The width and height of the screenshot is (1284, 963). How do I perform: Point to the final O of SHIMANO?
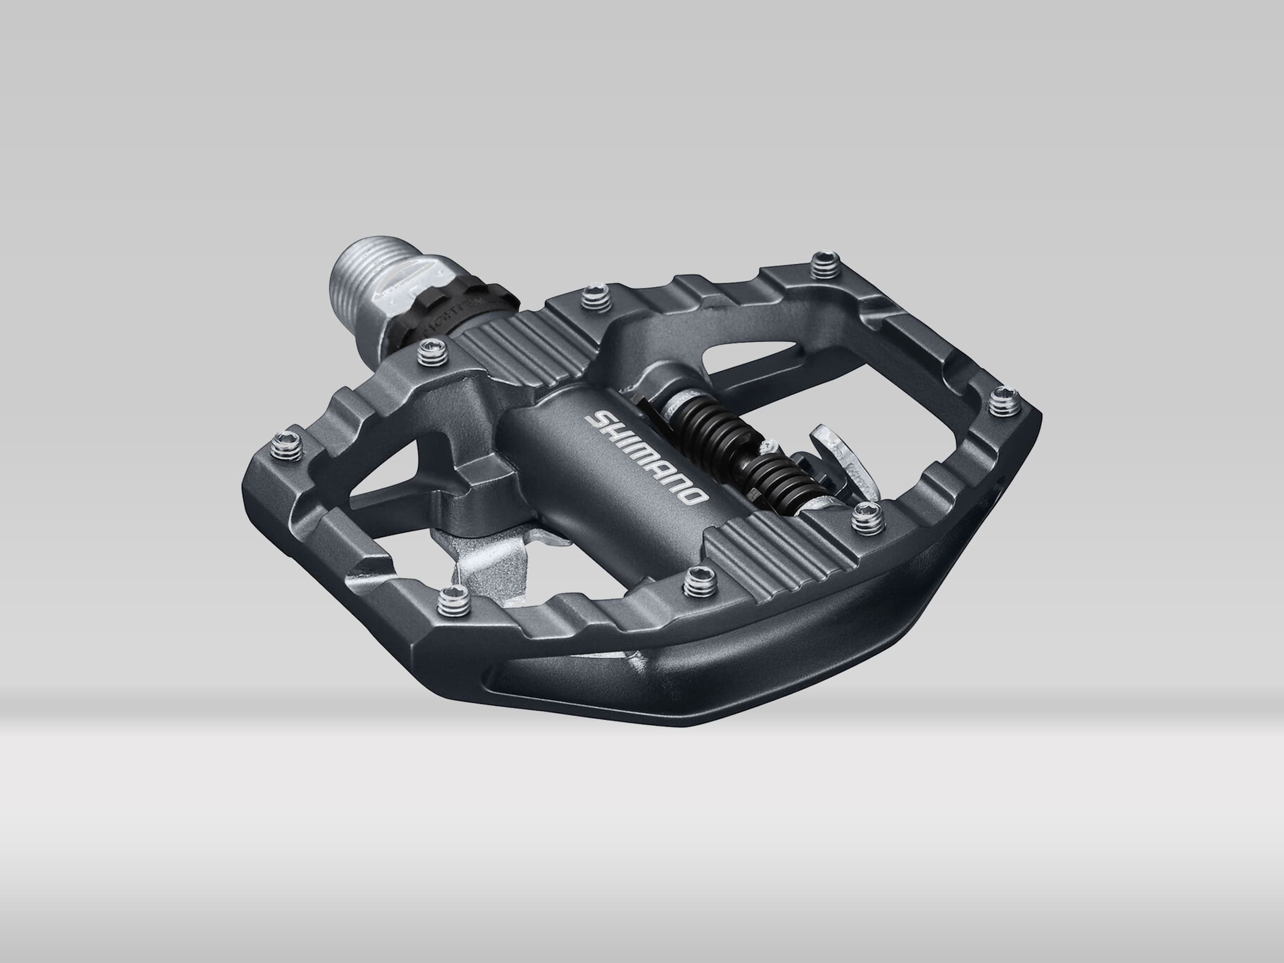pyautogui.click(x=696, y=497)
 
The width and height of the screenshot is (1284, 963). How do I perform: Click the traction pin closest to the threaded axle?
pyautogui.click(x=435, y=355)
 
